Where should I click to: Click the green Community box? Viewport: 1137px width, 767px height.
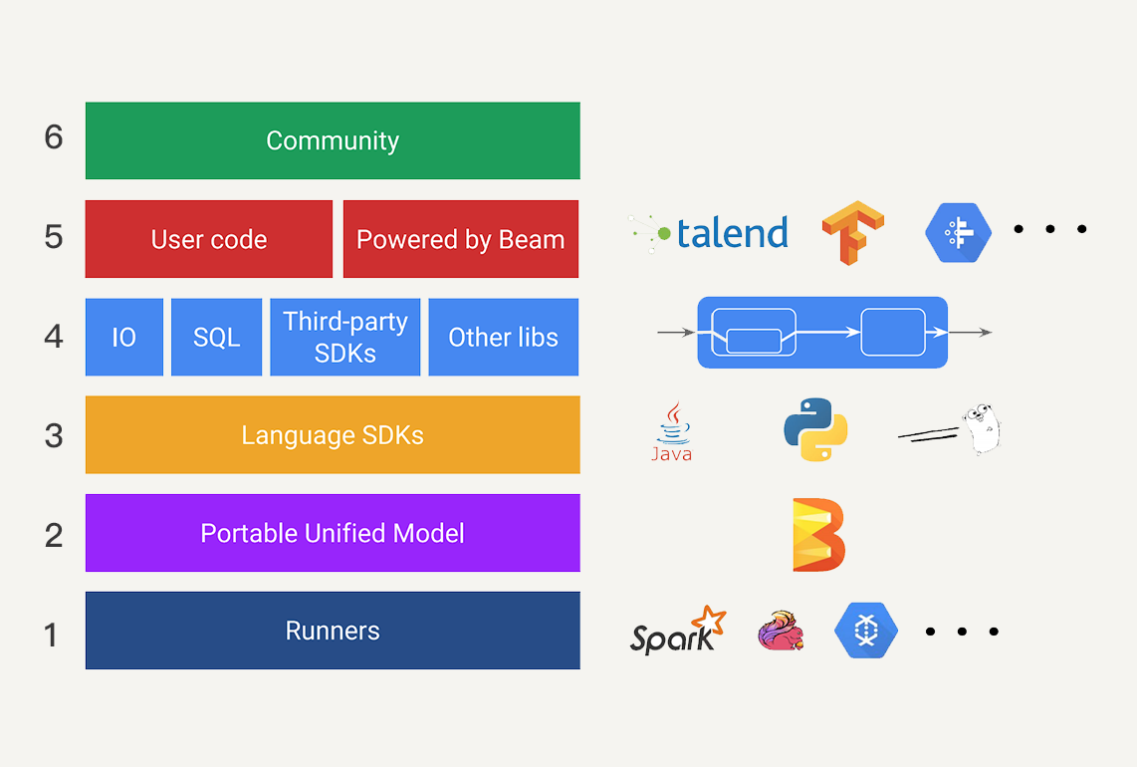tap(333, 140)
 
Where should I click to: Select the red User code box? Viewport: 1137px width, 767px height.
tap(209, 239)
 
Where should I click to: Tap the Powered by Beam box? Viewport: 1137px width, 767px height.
tap(460, 239)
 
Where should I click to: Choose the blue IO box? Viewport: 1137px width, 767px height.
tap(124, 337)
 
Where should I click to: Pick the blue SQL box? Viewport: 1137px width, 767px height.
tap(217, 337)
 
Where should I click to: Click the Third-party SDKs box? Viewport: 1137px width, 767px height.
tap(345, 337)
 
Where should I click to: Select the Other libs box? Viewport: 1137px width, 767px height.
tap(503, 337)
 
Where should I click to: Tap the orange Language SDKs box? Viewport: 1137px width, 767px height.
tap(333, 434)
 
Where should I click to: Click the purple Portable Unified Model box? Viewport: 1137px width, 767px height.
tap(333, 533)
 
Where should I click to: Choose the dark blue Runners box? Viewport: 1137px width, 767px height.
tap(333, 631)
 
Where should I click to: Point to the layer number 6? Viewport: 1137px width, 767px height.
tap(54, 137)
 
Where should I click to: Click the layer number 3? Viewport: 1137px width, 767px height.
tap(54, 436)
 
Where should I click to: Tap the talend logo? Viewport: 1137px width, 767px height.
tap(708, 233)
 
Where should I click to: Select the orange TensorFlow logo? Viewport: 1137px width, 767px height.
tap(852, 232)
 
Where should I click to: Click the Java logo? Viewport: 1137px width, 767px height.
tap(672, 431)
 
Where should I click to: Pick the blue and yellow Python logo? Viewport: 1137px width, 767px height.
tap(815, 429)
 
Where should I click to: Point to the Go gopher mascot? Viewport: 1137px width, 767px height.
tap(981, 429)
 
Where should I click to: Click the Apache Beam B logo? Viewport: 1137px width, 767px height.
tap(818, 535)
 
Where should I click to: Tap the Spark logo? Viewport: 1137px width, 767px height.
tap(678, 631)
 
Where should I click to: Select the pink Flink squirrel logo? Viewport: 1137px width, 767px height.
tap(781, 631)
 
